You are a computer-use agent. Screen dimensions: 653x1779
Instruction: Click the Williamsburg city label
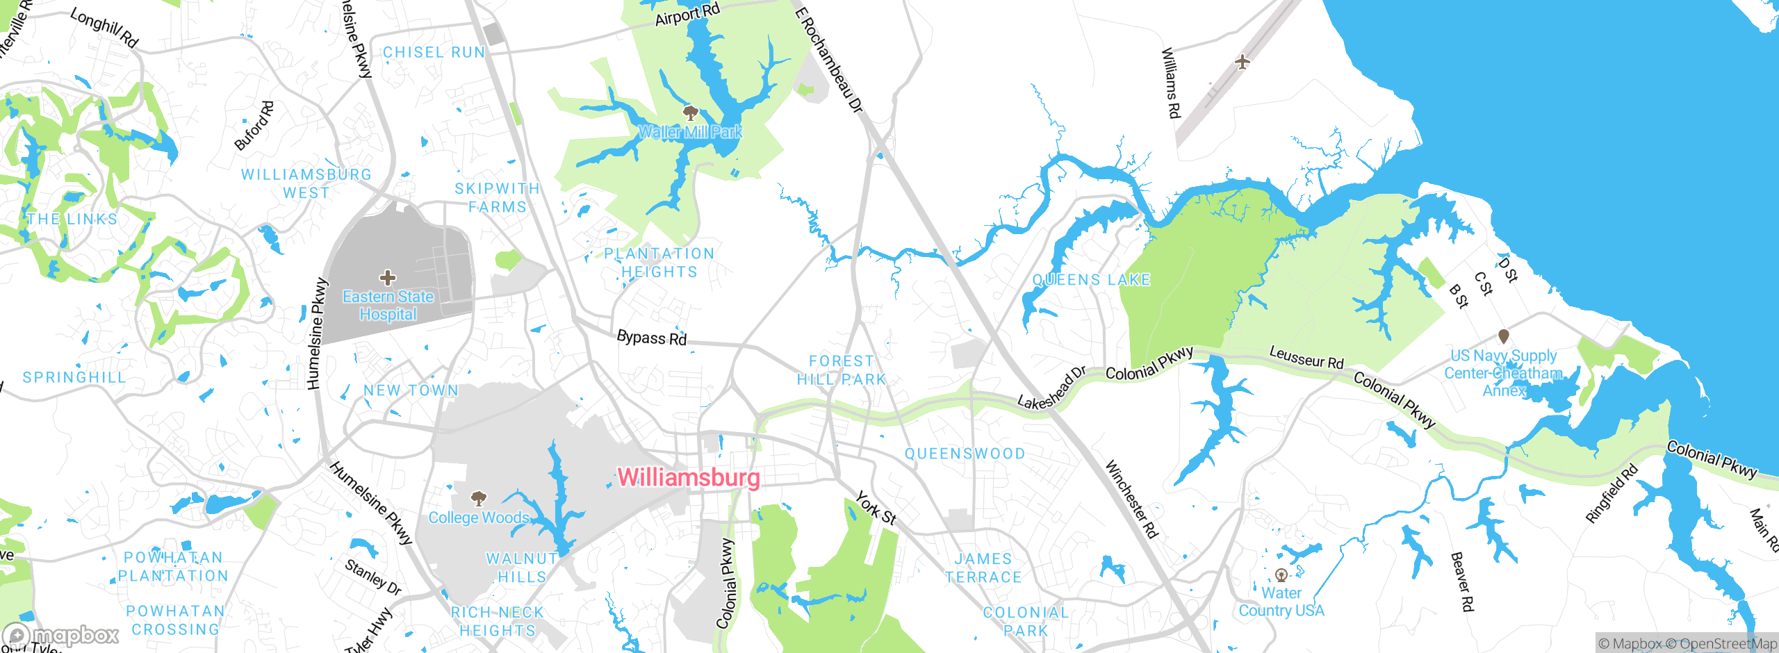pyautogui.click(x=688, y=477)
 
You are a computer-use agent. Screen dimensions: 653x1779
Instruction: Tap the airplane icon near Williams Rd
pyautogui.click(x=1243, y=62)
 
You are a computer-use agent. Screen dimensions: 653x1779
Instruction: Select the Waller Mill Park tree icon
pyautogui.click(x=690, y=113)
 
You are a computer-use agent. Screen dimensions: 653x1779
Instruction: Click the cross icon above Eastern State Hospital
pyautogui.click(x=388, y=279)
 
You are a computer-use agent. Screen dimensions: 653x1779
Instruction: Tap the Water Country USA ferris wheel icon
pyautogui.click(x=1281, y=575)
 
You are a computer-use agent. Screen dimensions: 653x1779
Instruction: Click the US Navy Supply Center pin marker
pyautogui.click(x=1503, y=337)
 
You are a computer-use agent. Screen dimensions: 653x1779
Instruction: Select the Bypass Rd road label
pyautogui.click(x=651, y=338)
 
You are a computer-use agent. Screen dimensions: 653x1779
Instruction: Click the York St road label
pyautogui.click(x=876, y=508)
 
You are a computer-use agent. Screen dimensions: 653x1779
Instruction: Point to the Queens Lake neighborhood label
pyautogui.click(x=1091, y=280)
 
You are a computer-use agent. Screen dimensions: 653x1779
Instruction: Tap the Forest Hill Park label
pyautogui.click(x=841, y=370)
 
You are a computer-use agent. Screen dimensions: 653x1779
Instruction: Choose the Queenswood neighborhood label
pyautogui.click(x=965, y=454)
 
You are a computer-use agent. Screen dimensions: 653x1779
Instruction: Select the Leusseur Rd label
pyautogui.click(x=1306, y=358)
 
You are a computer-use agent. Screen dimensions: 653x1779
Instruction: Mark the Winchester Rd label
pyautogui.click(x=1131, y=499)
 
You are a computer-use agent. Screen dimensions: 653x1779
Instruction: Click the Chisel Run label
pyautogui.click(x=434, y=52)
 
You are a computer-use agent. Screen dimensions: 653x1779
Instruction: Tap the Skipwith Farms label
pyautogui.click(x=497, y=198)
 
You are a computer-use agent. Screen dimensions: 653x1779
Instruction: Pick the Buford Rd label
pyautogui.click(x=254, y=126)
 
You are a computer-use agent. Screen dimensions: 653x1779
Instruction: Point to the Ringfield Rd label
pyautogui.click(x=1611, y=494)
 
